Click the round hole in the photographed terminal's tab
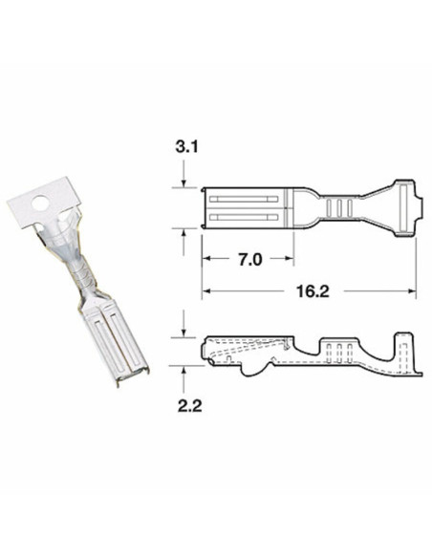(x=39, y=203)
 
